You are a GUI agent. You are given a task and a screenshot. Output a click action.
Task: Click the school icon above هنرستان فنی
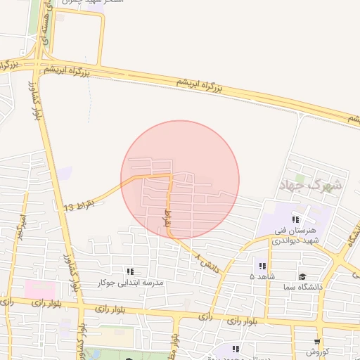[x=304, y=220]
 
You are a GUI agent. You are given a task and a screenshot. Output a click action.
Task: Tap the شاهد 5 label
[x=262, y=276]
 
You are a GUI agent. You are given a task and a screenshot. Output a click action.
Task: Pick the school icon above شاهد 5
[x=262, y=266]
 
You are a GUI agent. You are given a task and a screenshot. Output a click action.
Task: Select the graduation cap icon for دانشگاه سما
[x=302, y=277]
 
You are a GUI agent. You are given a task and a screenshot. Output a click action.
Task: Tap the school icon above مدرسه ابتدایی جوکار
[x=129, y=271]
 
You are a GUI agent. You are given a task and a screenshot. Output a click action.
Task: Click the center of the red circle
[x=180, y=179]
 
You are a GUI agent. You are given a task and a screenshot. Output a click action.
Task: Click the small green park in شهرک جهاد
[x=300, y=178]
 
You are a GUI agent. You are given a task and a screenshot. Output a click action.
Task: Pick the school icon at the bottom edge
[x=236, y=349]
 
